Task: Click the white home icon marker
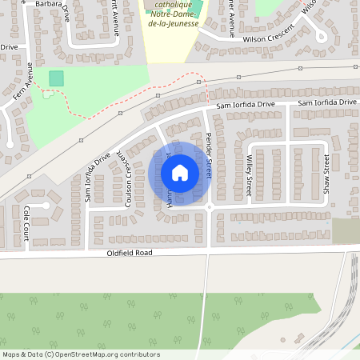pyautogui.click(x=180, y=173)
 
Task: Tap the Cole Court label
pyautogui.click(x=26, y=218)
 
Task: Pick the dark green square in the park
pyautogui.click(x=56, y=78)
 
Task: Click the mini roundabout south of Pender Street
pyautogui.click(x=209, y=206)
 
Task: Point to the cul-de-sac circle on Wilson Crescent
pyautogui.click(x=321, y=35)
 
